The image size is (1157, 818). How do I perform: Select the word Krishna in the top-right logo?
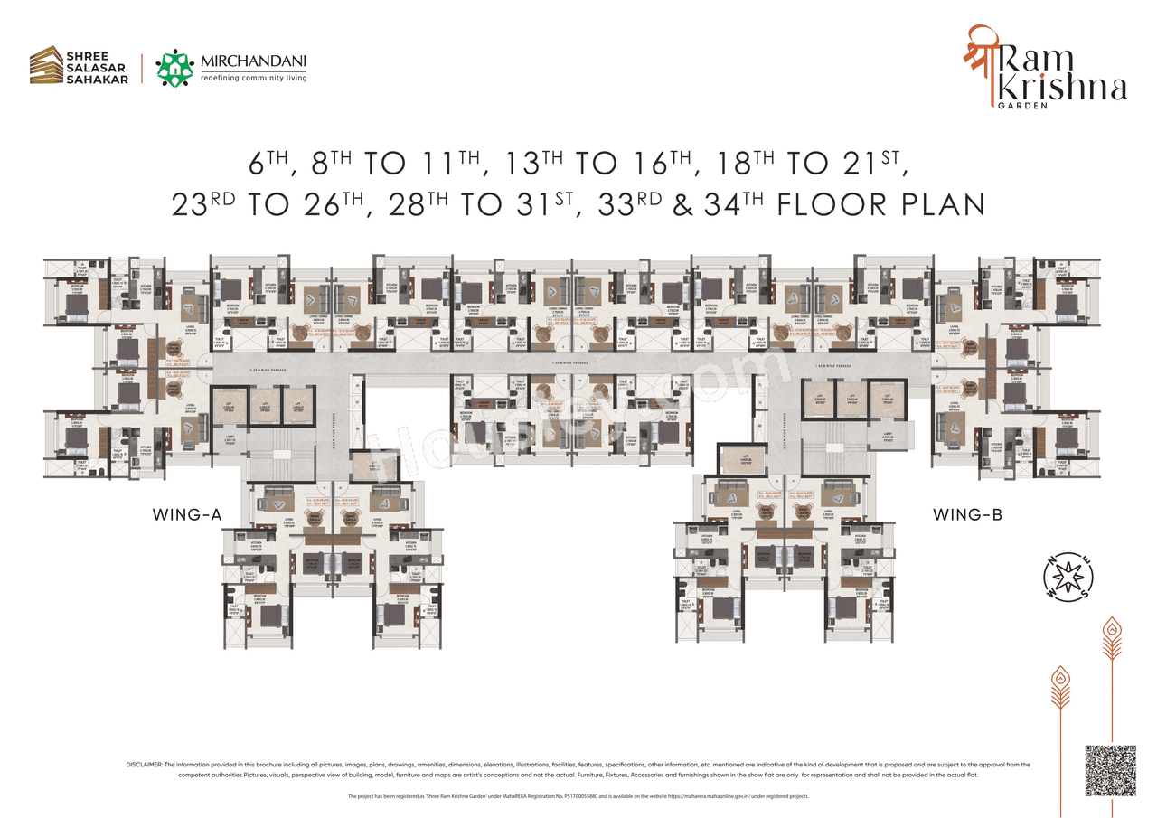point(1070,88)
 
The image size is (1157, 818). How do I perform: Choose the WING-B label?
point(967,515)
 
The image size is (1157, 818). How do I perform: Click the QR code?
point(1109,771)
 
